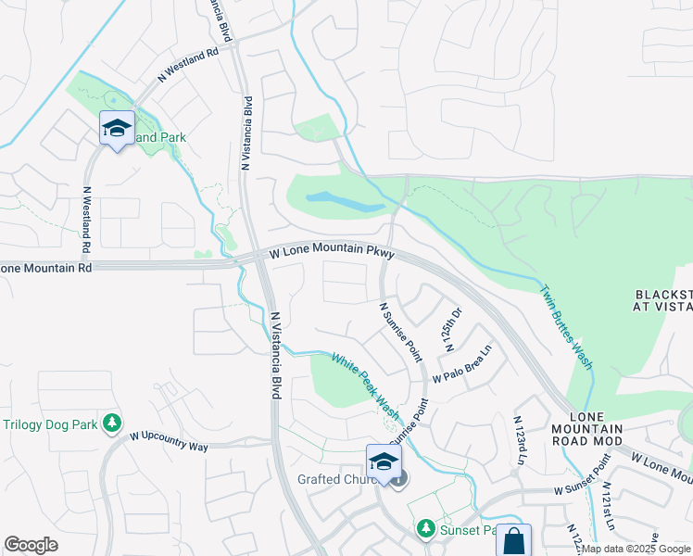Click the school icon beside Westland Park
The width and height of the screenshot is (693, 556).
[117, 131]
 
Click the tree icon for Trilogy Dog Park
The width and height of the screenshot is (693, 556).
[112, 423]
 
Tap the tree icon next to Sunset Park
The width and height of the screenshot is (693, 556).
[425, 528]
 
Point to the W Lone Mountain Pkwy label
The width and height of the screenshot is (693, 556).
[333, 253]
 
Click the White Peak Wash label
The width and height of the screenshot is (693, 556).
[366, 387]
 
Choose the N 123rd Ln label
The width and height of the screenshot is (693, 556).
[519, 440]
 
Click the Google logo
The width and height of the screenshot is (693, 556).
[31, 545]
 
